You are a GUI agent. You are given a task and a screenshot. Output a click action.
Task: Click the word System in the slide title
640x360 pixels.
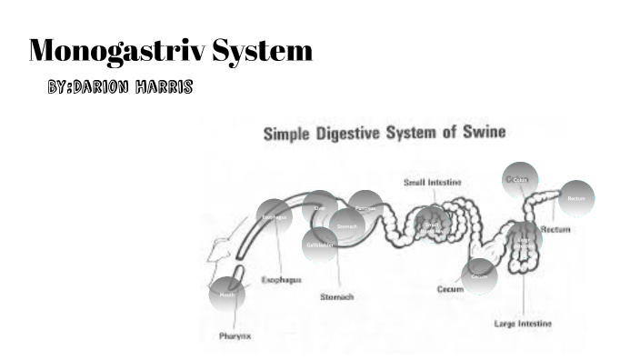pyautogui.click(x=263, y=51)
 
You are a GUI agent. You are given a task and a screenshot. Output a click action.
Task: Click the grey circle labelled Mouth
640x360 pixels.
pyautogui.click(x=226, y=295)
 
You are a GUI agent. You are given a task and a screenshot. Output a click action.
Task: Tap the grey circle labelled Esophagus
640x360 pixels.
pyautogui.click(x=275, y=216)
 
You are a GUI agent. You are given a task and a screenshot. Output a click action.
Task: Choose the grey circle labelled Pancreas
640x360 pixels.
pyautogui.click(x=365, y=208)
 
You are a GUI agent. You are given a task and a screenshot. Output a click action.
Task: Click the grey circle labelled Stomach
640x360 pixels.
pyautogui.click(x=346, y=225)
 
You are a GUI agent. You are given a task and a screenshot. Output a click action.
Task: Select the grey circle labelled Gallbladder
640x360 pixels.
pyautogui.click(x=320, y=245)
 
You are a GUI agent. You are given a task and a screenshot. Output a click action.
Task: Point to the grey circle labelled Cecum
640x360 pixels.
pyautogui.click(x=479, y=275)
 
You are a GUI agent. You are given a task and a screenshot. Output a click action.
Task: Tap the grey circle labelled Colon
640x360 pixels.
pyautogui.click(x=520, y=179)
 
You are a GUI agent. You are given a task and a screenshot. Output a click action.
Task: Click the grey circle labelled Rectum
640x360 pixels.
pyautogui.click(x=575, y=198)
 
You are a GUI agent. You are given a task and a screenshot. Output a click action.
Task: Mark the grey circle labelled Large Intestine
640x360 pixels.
pyautogui.click(x=525, y=241)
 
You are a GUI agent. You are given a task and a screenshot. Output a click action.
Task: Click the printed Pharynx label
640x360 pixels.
pyautogui.click(x=235, y=335)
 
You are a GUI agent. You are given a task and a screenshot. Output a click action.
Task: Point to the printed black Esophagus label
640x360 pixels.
pyautogui.click(x=282, y=279)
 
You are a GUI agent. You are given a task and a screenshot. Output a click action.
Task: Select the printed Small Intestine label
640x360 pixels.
pyautogui.click(x=432, y=183)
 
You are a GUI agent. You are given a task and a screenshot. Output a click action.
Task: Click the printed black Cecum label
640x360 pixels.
pyautogui.click(x=450, y=289)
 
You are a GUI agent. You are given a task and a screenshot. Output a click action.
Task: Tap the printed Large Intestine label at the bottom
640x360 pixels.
pyautogui.click(x=523, y=323)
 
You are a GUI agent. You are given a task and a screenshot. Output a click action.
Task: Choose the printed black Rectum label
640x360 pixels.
pyautogui.click(x=555, y=229)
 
